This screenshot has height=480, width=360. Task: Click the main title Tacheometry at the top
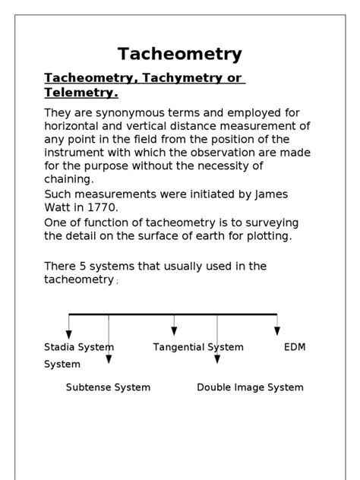pyautogui.click(x=180, y=54)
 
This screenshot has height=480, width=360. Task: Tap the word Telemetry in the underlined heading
pyautogui.click(x=79, y=93)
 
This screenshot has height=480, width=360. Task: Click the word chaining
pyautogui.click(x=68, y=179)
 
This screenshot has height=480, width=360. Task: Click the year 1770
pyautogui.click(x=101, y=207)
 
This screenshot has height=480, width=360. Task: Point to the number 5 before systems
pyautogui.click(x=82, y=266)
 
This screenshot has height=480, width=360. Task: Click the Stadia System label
pyautogui.click(x=79, y=347)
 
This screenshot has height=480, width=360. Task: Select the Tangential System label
pyautogui.click(x=198, y=347)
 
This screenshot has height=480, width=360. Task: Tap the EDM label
pyautogui.click(x=294, y=347)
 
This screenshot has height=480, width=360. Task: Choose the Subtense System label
pyautogui.click(x=108, y=387)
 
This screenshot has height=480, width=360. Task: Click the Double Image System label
pyautogui.click(x=250, y=387)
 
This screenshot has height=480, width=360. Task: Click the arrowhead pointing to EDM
pyautogui.click(x=277, y=330)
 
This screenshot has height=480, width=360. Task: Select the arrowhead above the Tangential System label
pyautogui.click(x=174, y=330)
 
